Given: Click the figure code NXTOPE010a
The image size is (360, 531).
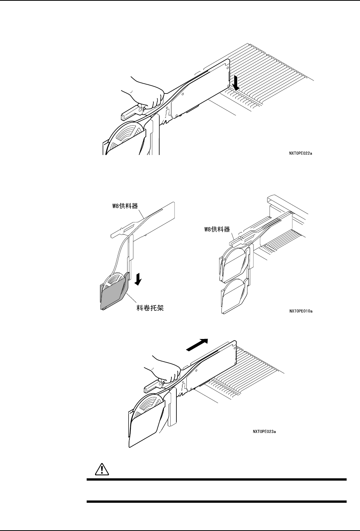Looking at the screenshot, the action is (300, 311).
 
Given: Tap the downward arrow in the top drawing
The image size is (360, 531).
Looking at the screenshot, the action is (236, 82).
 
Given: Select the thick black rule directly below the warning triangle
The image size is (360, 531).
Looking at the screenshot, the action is (216, 480).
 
